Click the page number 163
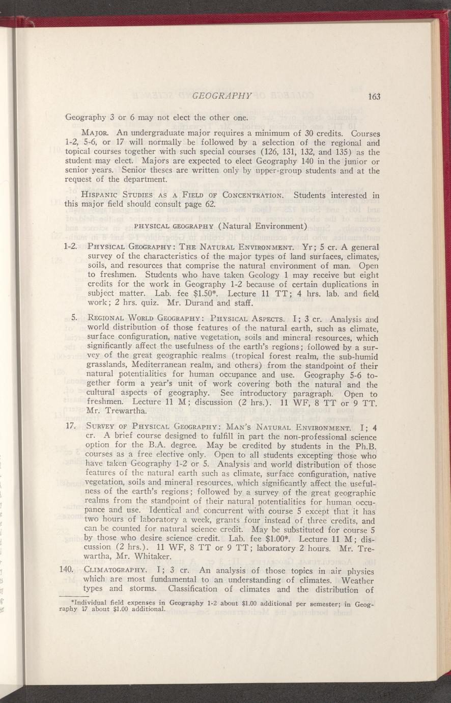coord(375,97)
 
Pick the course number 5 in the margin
coord(74,319)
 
